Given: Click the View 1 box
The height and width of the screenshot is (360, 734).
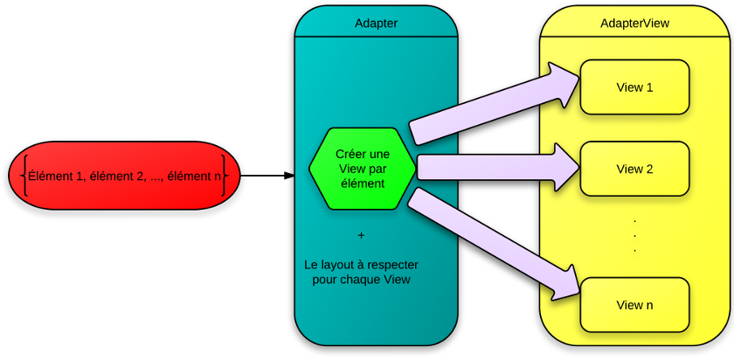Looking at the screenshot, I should click(635, 87).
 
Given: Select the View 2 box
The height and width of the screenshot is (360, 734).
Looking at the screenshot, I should click(635, 170).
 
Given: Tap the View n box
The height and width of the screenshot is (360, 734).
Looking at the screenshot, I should click(635, 305).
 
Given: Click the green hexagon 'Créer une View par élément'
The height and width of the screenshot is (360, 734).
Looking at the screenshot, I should click(361, 169).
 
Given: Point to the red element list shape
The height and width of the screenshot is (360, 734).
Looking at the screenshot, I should click(123, 176).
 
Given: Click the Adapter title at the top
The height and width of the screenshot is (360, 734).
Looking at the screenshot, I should click(377, 24).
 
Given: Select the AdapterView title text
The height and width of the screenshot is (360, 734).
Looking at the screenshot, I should click(635, 24).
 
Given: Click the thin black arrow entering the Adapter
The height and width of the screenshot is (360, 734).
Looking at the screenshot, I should click(267, 176).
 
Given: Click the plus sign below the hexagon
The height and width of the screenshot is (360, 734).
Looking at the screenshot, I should click(361, 235).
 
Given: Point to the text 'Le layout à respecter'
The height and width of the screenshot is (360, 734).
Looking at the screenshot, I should click(361, 264).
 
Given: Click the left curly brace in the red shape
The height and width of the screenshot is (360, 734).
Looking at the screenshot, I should click(24, 176).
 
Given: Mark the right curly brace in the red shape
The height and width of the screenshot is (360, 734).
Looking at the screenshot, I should click(225, 176).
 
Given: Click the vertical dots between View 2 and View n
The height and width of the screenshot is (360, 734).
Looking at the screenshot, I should click(634, 235).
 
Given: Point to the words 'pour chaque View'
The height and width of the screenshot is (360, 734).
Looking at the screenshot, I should click(361, 280).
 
